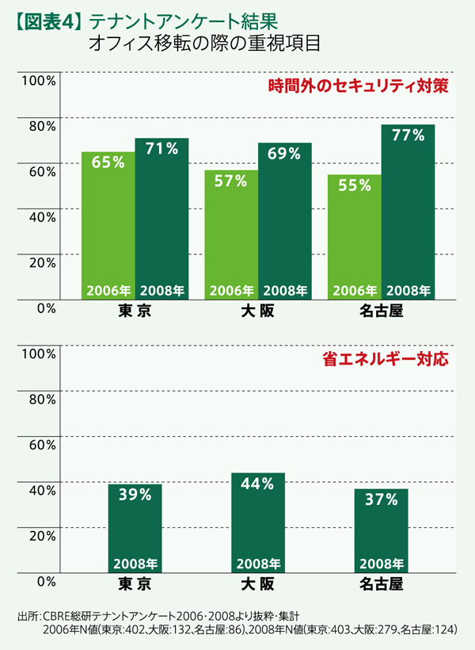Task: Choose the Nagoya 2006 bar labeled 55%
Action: (x=354, y=237)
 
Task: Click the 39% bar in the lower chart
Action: (x=135, y=528)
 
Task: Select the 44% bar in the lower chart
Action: (x=257, y=522)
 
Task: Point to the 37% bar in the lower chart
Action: (x=382, y=530)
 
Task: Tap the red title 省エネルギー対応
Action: (x=386, y=359)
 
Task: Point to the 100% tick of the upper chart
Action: (x=37, y=80)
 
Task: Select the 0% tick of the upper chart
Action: (x=45, y=308)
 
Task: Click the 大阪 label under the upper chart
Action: (x=258, y=312)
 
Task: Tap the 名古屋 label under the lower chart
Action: (x=382, y=585)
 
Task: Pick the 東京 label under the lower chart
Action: (x=135, y=585)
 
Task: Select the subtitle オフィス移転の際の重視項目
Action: (x=205, y=42)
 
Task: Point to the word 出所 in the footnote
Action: (x=26, y=616)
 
